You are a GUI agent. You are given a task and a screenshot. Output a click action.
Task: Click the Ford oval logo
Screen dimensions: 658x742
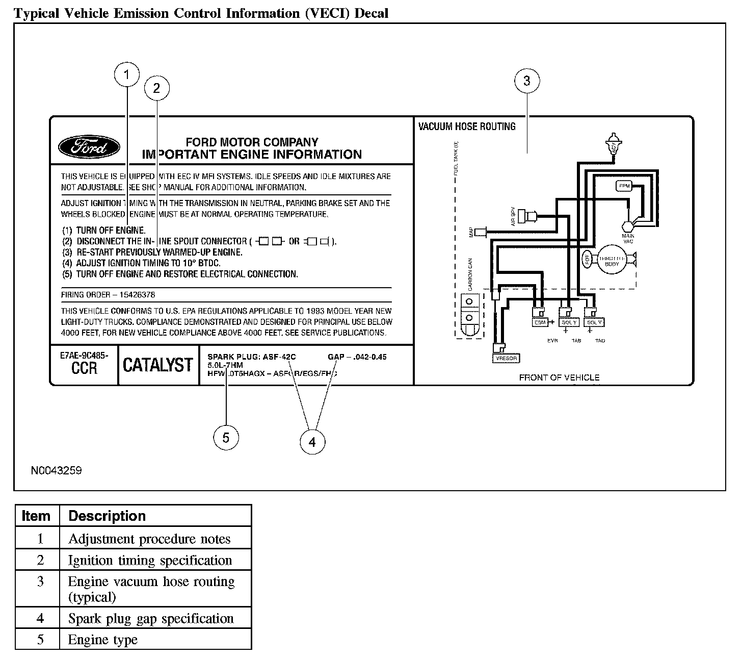tap(89, 148)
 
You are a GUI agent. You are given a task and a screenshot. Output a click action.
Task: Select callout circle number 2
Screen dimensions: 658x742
tap(156, 88)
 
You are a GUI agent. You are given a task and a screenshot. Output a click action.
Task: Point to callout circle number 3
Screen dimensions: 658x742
tap(526, 81)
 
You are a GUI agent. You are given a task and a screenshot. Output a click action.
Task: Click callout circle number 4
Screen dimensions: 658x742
tap(312, 442)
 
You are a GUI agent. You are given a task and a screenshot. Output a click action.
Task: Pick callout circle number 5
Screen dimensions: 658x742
tap(226, 438)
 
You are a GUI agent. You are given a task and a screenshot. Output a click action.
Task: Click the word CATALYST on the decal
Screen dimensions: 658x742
tap(158, 365)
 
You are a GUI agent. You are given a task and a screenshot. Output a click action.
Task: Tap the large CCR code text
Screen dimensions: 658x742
tap(84, 368)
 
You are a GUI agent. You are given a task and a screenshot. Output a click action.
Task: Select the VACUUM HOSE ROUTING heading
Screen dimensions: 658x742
tap(467, 126)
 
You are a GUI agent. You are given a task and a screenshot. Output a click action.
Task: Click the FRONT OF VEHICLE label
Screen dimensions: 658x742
tap(559, 377)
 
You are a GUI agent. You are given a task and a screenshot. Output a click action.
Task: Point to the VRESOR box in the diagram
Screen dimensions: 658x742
tap(506, 358)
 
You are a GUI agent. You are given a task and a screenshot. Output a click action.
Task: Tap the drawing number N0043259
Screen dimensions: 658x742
tap(56, 470)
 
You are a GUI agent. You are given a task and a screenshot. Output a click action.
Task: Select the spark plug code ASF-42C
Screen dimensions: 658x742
tap(279, 357)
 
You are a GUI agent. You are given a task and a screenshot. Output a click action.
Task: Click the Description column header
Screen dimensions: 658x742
tap(107, 516)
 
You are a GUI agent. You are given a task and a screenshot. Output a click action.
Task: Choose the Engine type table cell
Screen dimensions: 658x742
tap(103, 640)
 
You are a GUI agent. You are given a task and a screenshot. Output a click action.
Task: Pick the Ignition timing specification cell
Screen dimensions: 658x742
tap(150, 560)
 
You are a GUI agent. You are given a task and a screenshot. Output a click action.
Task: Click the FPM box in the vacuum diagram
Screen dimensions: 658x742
tap(624, 186)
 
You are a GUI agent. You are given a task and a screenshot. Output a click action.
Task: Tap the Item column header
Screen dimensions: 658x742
tap(36, 516)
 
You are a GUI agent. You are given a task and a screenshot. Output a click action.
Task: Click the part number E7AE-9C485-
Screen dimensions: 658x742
tap(84, 356)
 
